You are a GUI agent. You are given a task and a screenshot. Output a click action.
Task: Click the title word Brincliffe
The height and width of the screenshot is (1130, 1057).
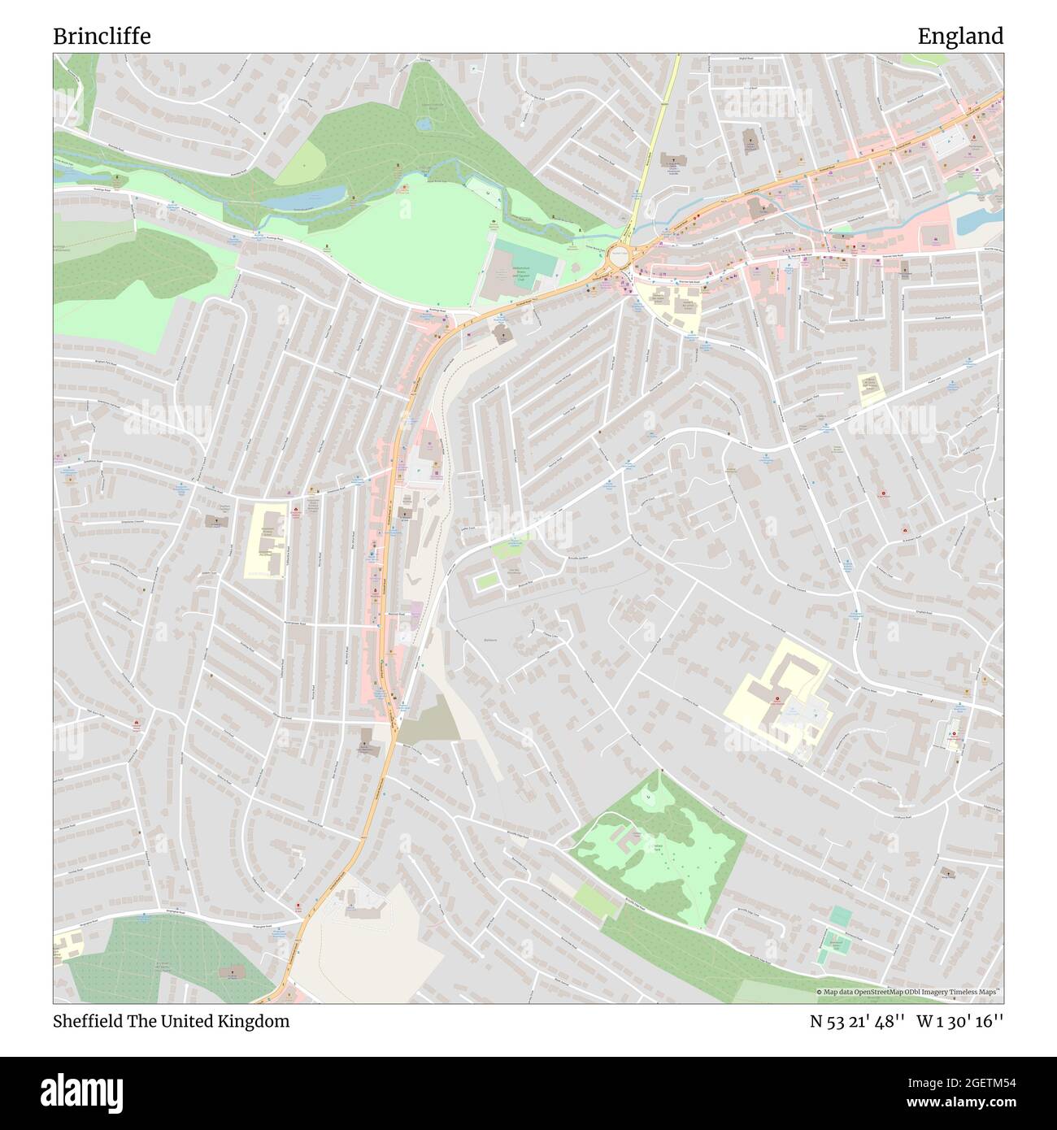pyautogui.click(x=102, y=37)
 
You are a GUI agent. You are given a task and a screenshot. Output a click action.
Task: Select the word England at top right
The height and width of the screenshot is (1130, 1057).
pyautogui.click(x=960, y=37)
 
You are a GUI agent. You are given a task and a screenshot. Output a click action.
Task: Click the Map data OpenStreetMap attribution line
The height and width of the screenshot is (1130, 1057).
pyautogui.click(x=908, y=992)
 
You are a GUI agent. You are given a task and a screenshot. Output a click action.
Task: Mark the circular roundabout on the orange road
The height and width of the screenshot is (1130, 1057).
pyautogui.click(x=620, y=259)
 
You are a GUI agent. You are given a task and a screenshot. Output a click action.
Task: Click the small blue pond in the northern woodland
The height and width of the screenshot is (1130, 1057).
pyautogui.click(x=423, y=124)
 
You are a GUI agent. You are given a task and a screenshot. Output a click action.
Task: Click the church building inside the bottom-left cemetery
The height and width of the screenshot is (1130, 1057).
pyautogui.click(x=233, y=972)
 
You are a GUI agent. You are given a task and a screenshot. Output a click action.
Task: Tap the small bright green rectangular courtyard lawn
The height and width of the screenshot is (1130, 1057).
pyautogui.click(x=487, y=580)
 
